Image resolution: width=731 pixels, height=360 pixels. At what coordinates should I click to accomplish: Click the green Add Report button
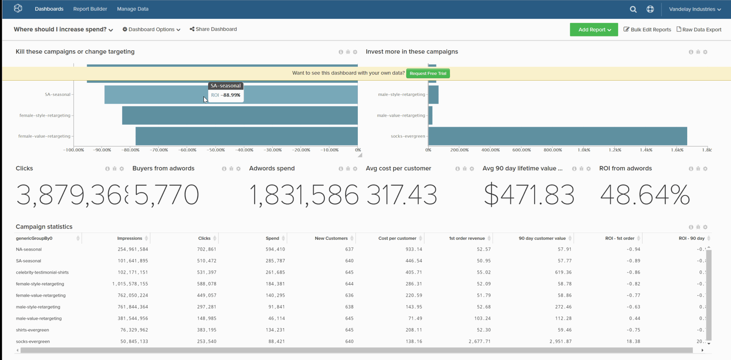tap(594, 30)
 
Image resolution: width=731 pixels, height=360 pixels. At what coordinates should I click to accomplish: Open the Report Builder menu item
tap(90, 9)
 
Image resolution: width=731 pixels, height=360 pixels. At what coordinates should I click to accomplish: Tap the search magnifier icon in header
tap(633, 9)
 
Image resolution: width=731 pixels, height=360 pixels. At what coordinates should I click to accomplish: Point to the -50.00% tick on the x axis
tap(216, 150)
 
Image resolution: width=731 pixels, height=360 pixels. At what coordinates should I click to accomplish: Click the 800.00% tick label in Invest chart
tap(552, 150)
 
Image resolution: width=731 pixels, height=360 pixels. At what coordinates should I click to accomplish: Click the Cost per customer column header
tap(397, 238)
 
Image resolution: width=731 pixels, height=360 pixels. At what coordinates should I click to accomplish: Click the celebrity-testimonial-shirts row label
tap(42, 272)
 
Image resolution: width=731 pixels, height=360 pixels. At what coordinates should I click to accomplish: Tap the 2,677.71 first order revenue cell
tap(479, 342)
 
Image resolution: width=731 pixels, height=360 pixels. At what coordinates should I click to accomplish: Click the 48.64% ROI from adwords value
tap(645, 195)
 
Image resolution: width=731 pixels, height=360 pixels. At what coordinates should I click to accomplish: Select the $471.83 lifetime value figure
tap(529, 195)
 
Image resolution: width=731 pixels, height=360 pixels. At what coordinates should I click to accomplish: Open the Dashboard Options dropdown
tap(151, 30)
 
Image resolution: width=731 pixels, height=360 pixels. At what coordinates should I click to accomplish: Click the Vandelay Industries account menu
tap(695, 9)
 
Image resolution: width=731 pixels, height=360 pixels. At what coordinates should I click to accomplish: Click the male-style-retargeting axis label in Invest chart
tap(401, 94)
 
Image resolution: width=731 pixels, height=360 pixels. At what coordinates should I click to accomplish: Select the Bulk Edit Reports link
tap(647, 30)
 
